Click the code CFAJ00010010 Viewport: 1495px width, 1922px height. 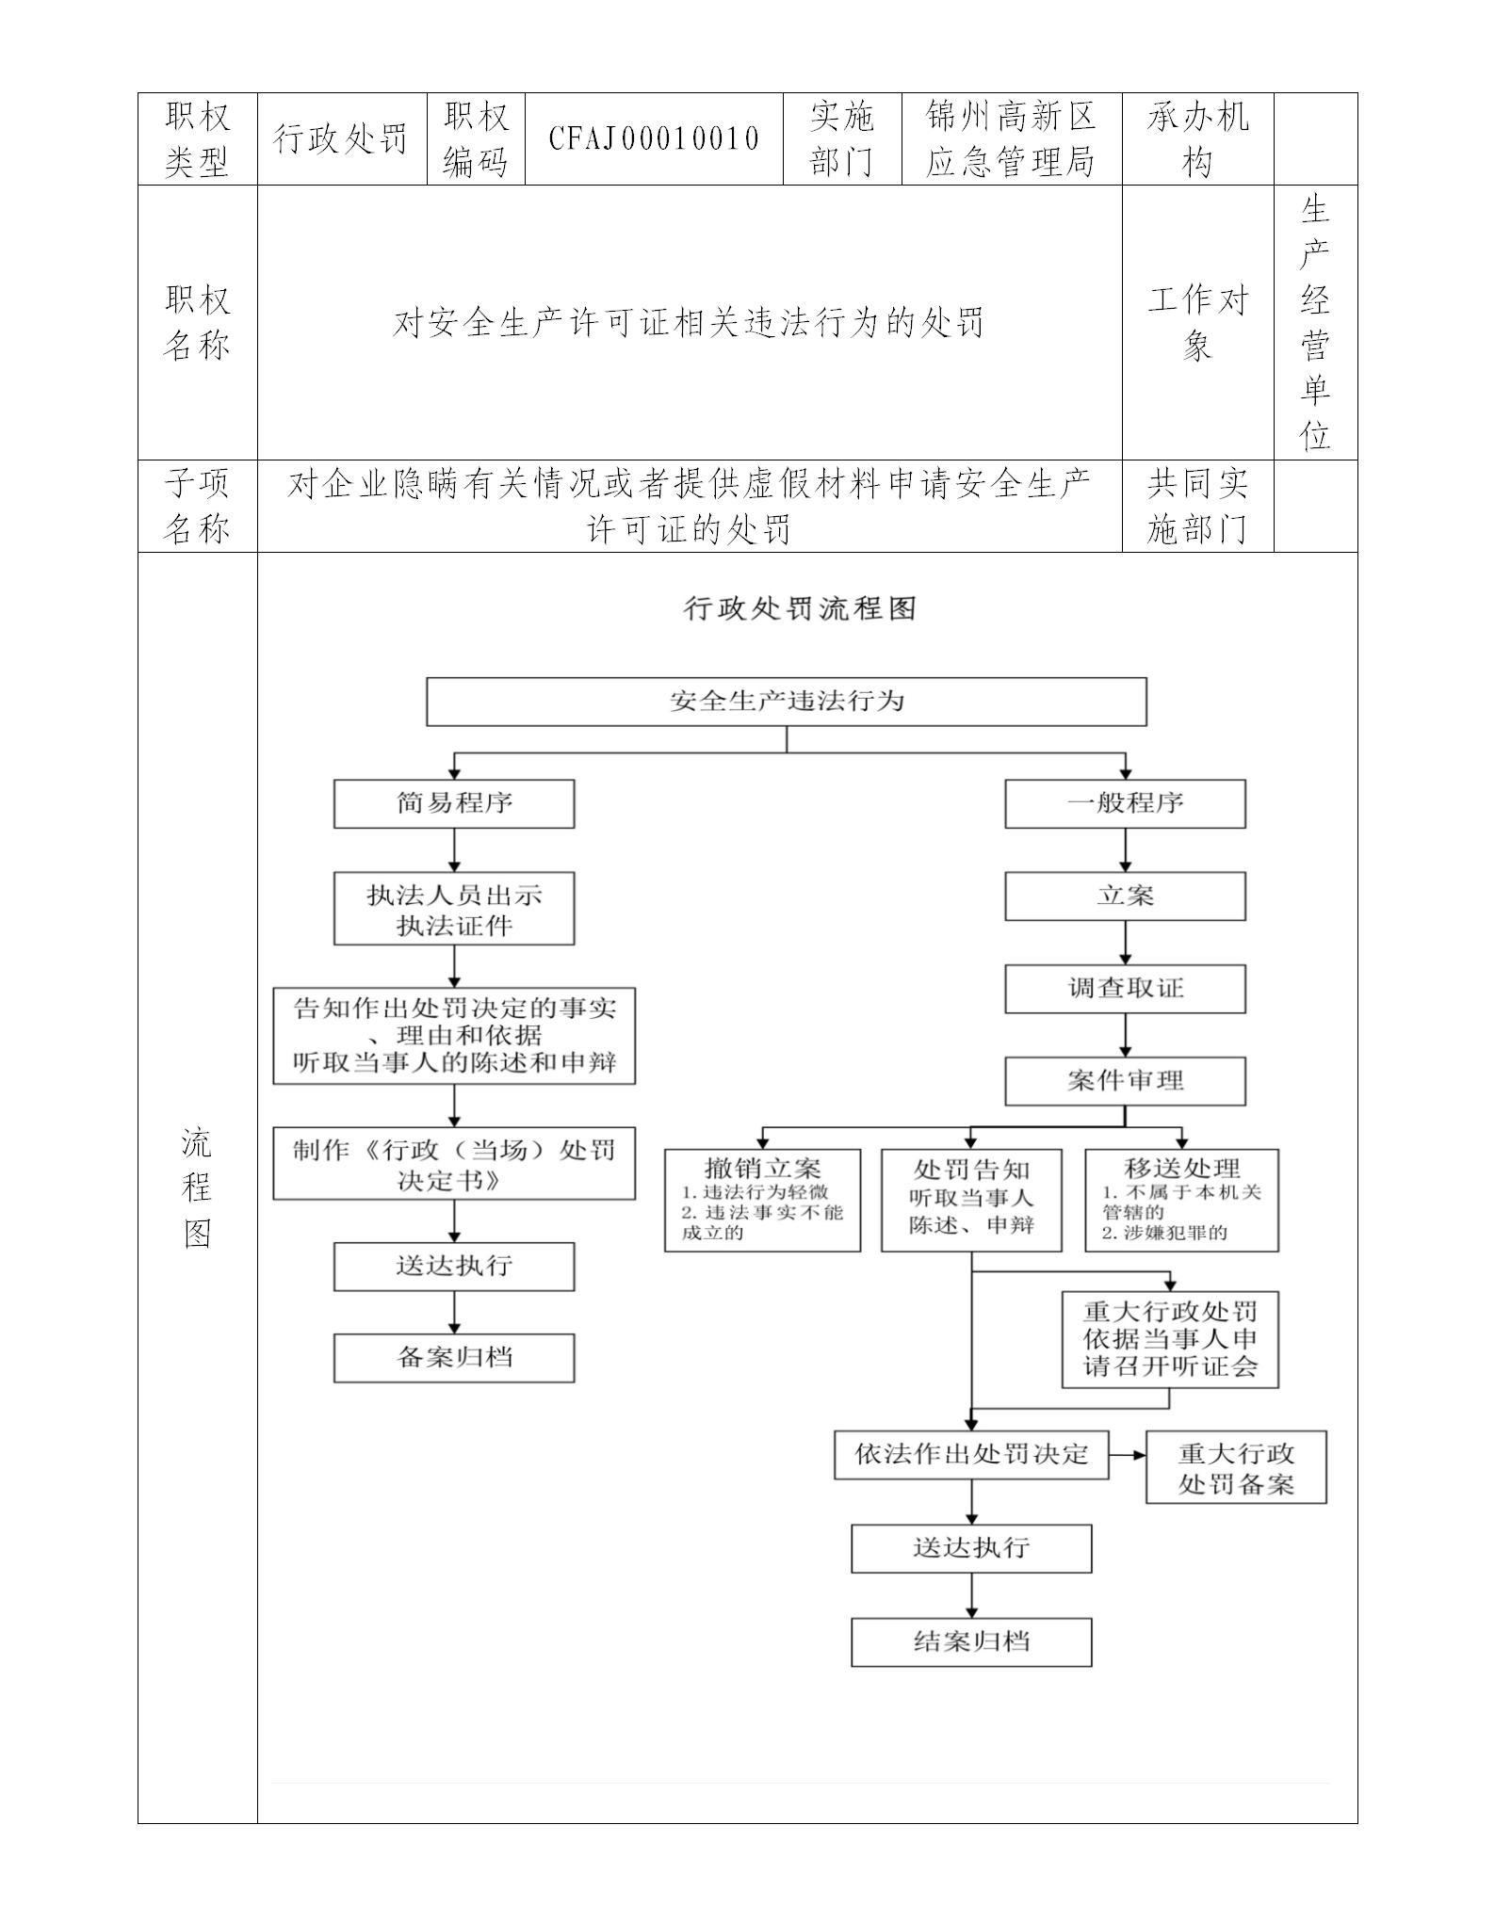pyautogui.click(x=654, y=138)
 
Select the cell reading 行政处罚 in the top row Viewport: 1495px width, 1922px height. pyautogui.click(x=341, y=138)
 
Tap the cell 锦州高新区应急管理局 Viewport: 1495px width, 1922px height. pyautogui.click(x=1011, y=138)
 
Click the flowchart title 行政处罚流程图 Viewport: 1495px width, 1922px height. pyautogui.click(x=800, y=608)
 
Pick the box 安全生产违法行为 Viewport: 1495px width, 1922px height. pyautogui.click(x=786, y=702)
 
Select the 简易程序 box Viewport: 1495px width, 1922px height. pyautogui.click(x=454, y=803)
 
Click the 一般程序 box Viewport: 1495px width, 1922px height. pyautogui.click(x=1125, y=803)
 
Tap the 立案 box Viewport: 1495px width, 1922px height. pyautogui.click(x=1125, y=896)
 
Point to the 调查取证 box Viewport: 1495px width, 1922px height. pyautogui.click(x=1125, y=989)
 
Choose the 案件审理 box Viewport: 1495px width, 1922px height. pyautogui.click(x=1125, y=1081)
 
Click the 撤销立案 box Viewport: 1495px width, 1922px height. pyautogui.click(x=762, y=1200)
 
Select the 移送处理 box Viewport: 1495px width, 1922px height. pyautogui.click(x=1181, y=1200)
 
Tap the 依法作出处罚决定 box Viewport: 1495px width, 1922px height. pyautogui.click(x=971, y=1454)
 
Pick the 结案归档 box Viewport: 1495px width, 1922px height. pyautogui.click(x=971, y=1642)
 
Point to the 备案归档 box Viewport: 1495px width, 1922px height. pyautogui.click(x=454, y=1358)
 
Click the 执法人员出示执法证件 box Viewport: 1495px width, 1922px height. pyautogui.click(x=454, y=909)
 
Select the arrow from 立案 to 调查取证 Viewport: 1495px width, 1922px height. pyautogui.click(x=1125, y=943)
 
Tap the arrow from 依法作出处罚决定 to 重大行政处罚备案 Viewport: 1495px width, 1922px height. pyautogui.click(x=1128, y=1454)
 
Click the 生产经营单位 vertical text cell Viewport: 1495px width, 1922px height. pyautogui.click(x=1315, y=322)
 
